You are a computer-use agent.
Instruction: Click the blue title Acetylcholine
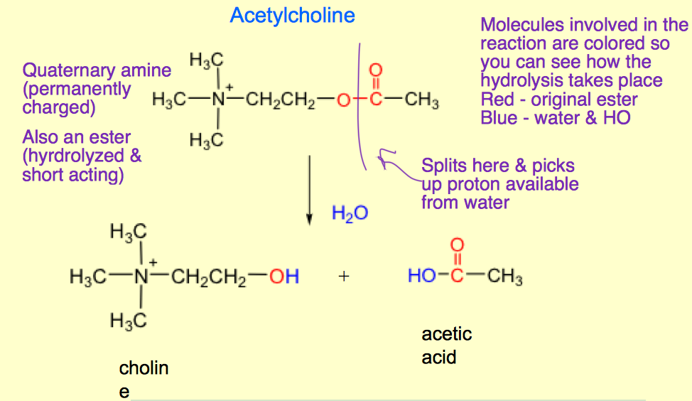(292, 16)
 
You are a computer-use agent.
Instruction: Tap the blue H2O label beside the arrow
(350, 213)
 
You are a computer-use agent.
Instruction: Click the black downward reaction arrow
(310, 188)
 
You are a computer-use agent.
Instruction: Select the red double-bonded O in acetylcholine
(377, 71)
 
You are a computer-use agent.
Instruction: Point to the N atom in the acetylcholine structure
(219, 100)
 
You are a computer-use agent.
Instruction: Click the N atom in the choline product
(143, 277)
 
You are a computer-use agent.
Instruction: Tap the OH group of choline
(284, 276)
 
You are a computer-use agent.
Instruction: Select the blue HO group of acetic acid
(421, 276)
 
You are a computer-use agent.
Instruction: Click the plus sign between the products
(344, 277)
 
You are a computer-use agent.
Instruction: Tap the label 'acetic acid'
(446, 345)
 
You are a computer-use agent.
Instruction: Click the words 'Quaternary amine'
(97, 70)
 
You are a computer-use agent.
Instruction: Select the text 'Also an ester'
(76, 137)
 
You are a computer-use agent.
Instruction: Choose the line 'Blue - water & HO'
(555, 118)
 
